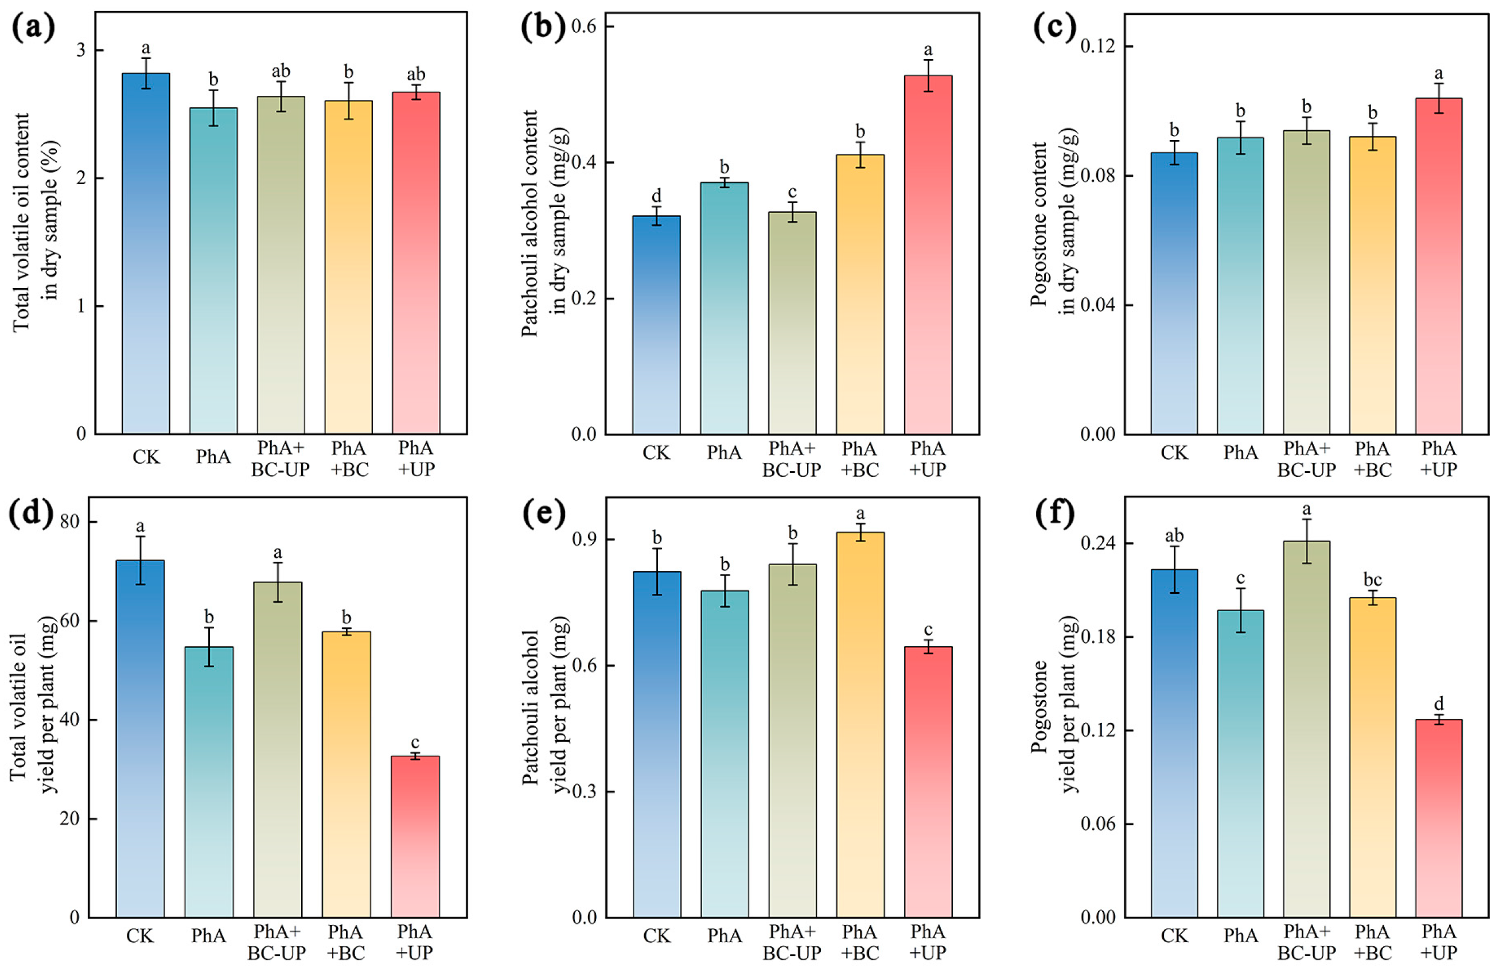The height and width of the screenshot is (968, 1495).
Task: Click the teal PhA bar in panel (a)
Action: click(x=213, y=270)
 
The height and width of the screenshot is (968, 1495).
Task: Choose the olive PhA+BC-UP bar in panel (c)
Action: click(x=1306, y=282)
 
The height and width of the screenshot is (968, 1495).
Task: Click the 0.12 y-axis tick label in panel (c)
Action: click(x=1097, y=46)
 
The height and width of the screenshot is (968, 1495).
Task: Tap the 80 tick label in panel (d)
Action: click(x=70, y=522)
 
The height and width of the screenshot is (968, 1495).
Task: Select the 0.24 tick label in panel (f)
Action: click(x=1097, y=543)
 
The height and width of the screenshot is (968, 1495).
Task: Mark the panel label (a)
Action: click(x=33, y=28)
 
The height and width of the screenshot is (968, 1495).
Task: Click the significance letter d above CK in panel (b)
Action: click(x=656, y=196)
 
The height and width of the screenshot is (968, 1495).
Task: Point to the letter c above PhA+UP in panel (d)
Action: click(x=415, y=743)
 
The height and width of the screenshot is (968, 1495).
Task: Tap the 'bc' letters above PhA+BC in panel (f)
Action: click(x=1372, y=579)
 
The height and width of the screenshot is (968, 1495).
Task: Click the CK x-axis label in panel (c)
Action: click(x=1173, y=453)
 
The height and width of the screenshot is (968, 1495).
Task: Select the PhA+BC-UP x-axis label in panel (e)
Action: click(x=792, y=942)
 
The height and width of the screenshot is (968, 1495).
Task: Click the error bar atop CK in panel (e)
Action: click(x=656, y=572)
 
